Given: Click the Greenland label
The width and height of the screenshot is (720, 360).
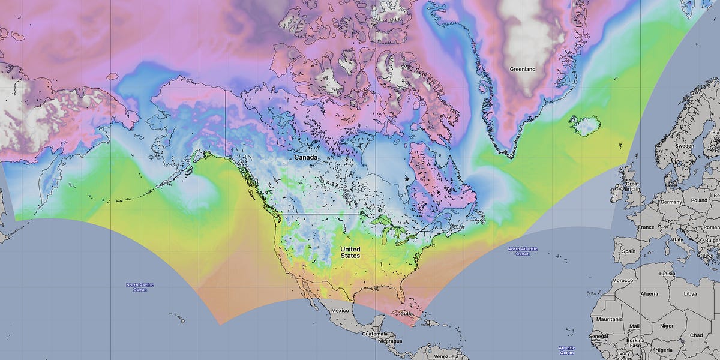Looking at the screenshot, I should pos(521,69).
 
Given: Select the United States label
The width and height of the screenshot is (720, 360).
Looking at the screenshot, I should pos(350,252).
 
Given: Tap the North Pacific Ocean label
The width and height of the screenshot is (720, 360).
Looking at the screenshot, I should pos(136,287).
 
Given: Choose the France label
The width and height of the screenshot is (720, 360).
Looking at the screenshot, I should pos(646,227).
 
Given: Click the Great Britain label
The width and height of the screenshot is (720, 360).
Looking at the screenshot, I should pos(632,187).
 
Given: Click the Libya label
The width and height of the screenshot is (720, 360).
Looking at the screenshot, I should pos(691,293).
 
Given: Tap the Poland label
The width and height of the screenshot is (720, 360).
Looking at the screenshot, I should pos(699,200).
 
